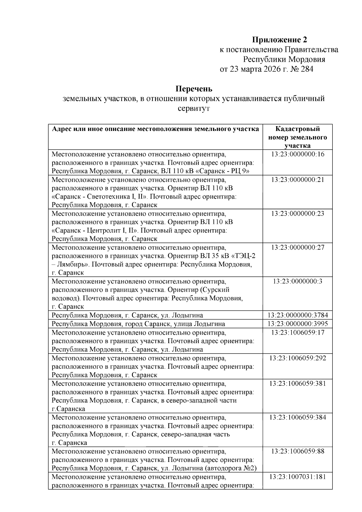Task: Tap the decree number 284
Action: pyautogui.click(x=307, y=69)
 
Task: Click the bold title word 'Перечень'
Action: pyautogui.click(x=194, y=89)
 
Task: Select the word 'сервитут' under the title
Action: pyautogui.click(x=194, y=108)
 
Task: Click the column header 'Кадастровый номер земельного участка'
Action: pyautogui.click(x=297, y=137)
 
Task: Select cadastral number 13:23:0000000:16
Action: pyautogui.click(x=297, y=154)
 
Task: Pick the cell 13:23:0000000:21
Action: pyautogui.click(x=297, y=180)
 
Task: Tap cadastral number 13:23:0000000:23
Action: pyautogui.click(x=297, y=214)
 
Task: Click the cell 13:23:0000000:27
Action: pyautogui.click(x=297, y=247)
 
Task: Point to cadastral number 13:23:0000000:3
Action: pyautogui.click(x=297, y=281)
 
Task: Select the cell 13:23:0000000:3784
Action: pyautogui.click(x=297, y=315)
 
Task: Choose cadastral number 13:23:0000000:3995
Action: pyautogui.click(x=297, y=324)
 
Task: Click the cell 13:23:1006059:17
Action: pyautogui.click(x=297, y=332)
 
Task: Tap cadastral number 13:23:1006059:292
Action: pyautogui.click(x=297, y=358)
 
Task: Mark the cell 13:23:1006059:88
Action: pyautogui.click(x=297, y=451)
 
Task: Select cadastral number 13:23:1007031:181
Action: pyautogui.click(x=297, y=477)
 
